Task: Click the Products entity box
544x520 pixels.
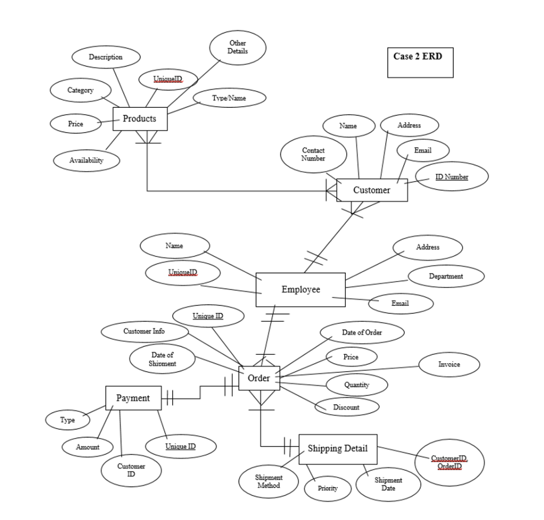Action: [x=140, y=118]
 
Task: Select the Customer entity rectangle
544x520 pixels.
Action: [x=372, y=190]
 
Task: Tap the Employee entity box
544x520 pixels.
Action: [x=300, y=289]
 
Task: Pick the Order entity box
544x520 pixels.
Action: [x=259, y=378]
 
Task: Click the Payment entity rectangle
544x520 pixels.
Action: [x=133, y=398]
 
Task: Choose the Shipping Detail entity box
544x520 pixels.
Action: [x=338, y=449]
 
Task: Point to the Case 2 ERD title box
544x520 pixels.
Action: [x=420, y=62]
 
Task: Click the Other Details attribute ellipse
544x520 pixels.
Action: [x=237, y=47]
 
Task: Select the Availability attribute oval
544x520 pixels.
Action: [x=87, y=160]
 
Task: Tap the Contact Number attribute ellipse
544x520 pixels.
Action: [x=313, y=155]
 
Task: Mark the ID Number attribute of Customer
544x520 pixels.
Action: [x=452, y=176]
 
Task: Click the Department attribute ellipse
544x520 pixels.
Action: [x=446, y=276]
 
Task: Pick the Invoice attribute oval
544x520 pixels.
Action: [x=449, y=364]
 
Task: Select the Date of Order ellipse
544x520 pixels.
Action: [x=362, y=333]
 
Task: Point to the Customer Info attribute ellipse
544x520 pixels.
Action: [x=144, y=331]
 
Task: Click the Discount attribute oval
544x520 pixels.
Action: [x=346, y=407]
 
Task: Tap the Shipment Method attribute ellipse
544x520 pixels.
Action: [x=269, y=481]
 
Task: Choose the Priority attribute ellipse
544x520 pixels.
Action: [x=328, y=488]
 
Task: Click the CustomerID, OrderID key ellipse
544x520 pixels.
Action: [x=449, y=462]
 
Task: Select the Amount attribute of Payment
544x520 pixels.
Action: [x=88, y=447]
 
